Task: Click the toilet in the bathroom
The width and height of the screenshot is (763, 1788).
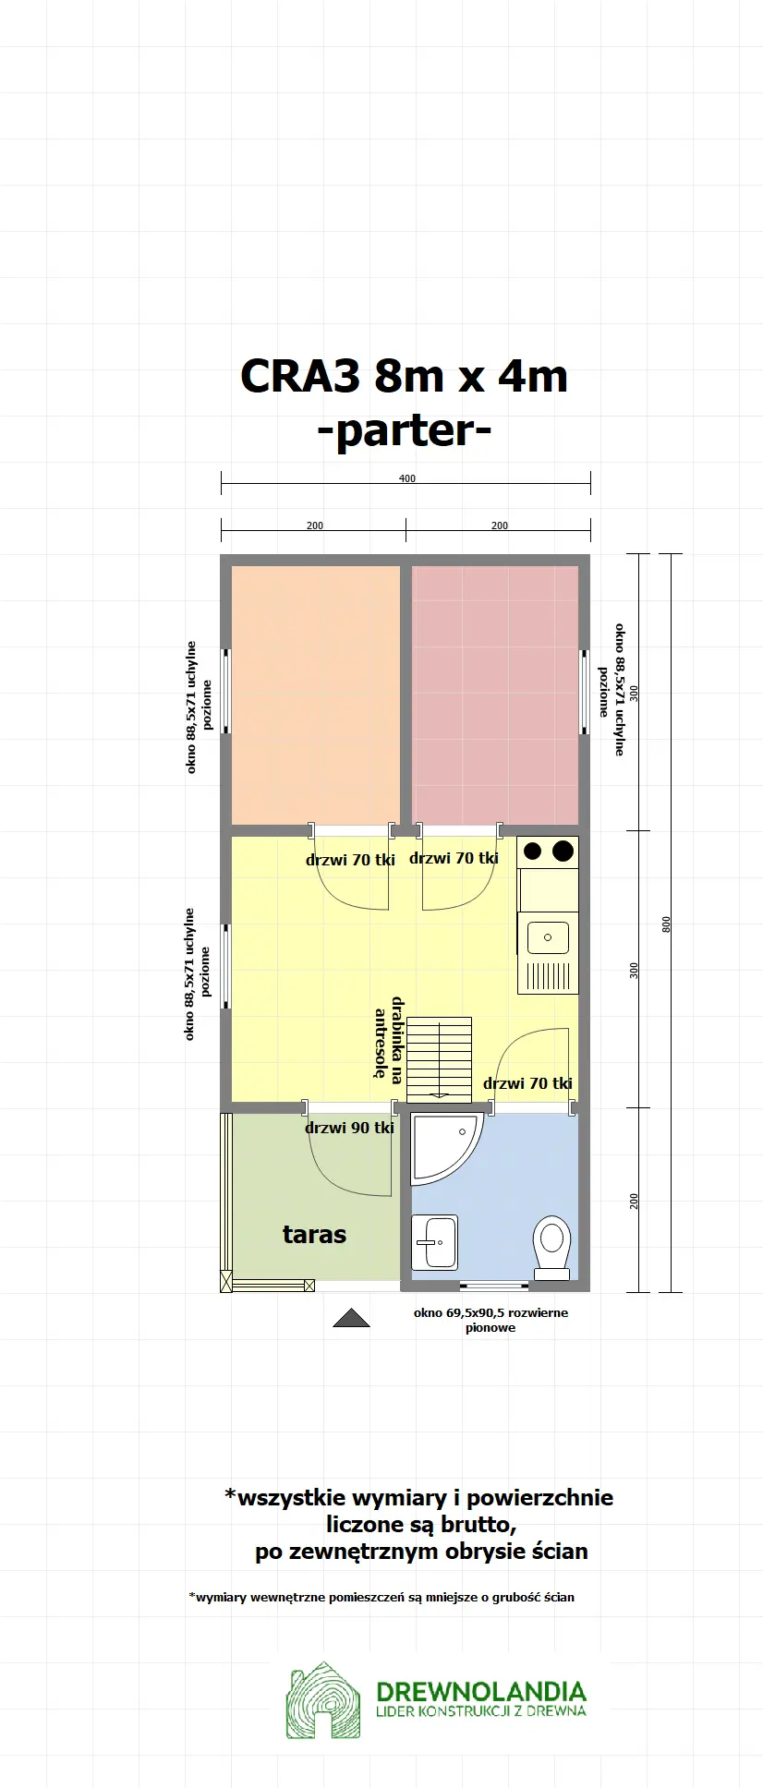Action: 552,1246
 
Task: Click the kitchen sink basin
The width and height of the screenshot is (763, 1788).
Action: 548,937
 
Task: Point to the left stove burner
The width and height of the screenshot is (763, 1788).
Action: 532,852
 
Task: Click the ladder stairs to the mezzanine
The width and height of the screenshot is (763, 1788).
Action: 440,1057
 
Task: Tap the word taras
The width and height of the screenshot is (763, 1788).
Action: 314,1235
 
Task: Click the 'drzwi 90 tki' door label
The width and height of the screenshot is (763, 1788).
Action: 349,1128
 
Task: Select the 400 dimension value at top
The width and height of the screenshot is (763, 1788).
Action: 406,478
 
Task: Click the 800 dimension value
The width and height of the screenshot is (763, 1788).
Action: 667,924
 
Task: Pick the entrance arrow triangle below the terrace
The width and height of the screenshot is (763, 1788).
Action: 351,1318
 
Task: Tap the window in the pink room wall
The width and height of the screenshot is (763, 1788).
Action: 584,692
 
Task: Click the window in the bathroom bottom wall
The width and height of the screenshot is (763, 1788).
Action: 494,1286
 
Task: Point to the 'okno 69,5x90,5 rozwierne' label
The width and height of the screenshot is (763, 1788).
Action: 490,1313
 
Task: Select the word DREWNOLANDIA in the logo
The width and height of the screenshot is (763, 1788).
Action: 481,1691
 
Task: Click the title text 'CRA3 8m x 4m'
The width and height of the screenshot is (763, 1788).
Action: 404,376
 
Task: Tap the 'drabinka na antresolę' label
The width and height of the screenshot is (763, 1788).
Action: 389,1038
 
